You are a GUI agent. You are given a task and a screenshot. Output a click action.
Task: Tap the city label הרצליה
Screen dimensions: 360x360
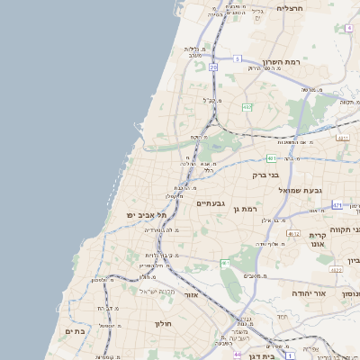[292, 8]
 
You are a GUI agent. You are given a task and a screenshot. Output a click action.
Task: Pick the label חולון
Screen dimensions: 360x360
[162, 323]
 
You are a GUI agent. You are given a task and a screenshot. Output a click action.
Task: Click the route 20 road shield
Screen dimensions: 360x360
[213, 67]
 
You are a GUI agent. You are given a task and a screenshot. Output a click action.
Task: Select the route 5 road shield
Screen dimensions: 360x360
[238, 58]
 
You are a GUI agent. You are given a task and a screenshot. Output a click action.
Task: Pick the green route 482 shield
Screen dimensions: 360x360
[247, 107]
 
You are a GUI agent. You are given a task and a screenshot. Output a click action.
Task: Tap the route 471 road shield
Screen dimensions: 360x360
[337, 205]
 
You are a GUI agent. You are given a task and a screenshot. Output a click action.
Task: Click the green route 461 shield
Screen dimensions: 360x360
[224, 263]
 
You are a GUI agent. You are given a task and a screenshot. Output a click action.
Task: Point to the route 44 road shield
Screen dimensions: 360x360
[237, 355]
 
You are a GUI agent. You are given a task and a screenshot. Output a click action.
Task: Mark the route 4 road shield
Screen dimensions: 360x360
[348, 28]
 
